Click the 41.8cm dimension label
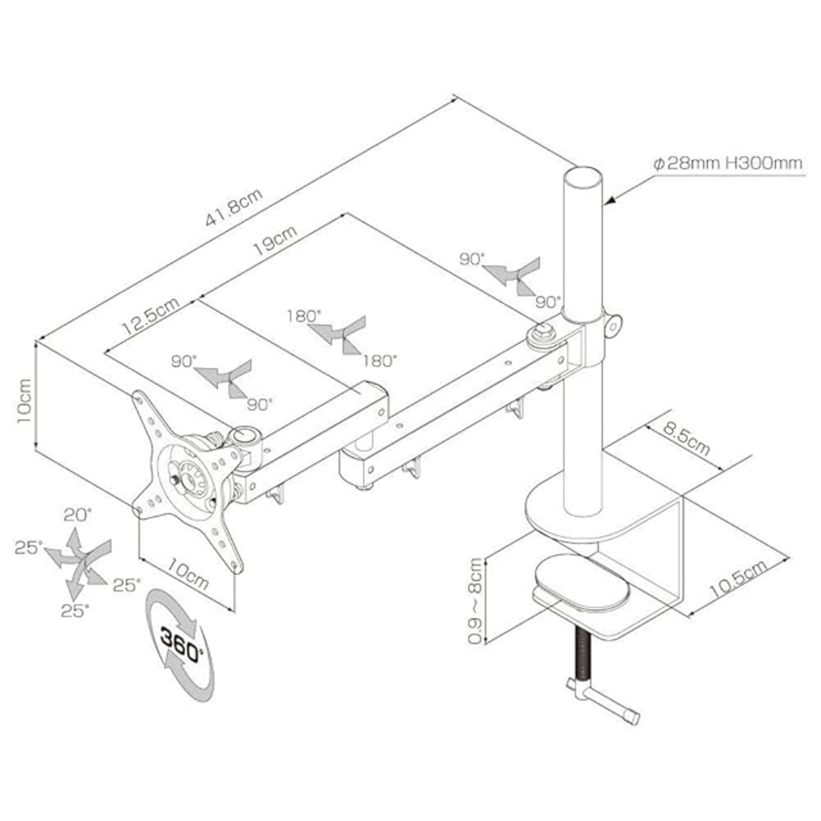pyautogui.click(x=234, y=206)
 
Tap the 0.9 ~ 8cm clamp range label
pyautogui.click(x=475, y=600)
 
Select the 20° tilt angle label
pyautogui.click(x=78, y=514)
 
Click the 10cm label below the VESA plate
pyautogui.click(x=188, y=572)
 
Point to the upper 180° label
pyautogui.click(x=303, y=316)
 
